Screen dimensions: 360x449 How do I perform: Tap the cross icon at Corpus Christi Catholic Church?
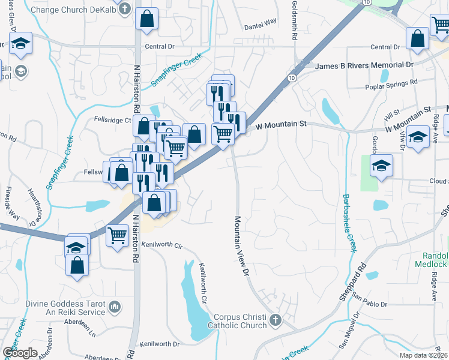click(x=276, y=319)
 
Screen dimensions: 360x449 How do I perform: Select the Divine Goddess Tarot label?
click(x=65, y=304)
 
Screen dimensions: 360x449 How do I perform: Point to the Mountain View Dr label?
click(x=241, y=246)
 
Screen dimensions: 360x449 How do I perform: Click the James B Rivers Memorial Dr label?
click(x=364, y=65)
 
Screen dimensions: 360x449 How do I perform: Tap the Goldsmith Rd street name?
click(x=294, y=24)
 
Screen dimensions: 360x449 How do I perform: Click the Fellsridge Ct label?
click(x=113, y=119)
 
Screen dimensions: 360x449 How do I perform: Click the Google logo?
click(x=20, y=352)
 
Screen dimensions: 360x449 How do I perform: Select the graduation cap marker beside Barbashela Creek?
click(x=381, y=165)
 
